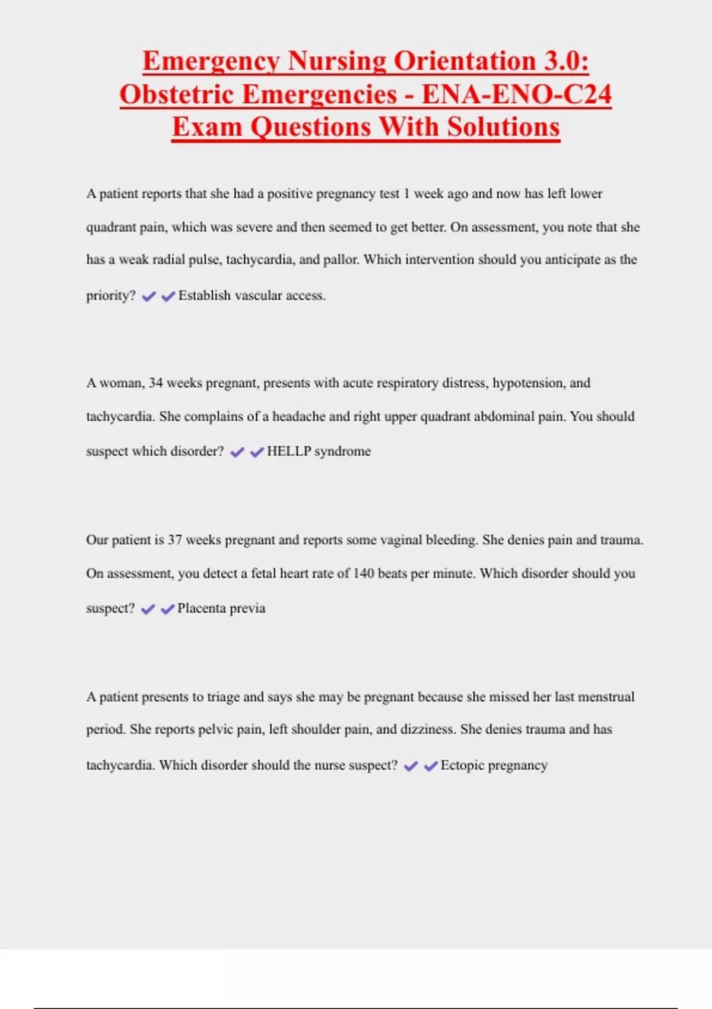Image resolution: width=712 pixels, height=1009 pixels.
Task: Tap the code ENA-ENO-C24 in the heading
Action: [x=516, y=94]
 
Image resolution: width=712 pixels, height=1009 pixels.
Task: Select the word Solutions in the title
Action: [x=503, y=127]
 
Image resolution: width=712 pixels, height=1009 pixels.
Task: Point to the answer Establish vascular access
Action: [x=252, y=296]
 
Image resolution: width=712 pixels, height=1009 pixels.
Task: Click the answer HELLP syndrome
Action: [x=319, y=451]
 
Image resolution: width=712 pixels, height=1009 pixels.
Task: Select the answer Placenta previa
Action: [x=221, y=608]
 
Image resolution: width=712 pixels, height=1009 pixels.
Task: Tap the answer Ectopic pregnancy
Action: [x=494, y=765]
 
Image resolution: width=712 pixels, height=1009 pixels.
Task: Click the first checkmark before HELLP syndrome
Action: [x=237, y=452]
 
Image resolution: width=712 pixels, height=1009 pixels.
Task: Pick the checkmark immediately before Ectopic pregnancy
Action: [x=431, y=766]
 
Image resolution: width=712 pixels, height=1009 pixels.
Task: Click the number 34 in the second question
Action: [x=155, y=383]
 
